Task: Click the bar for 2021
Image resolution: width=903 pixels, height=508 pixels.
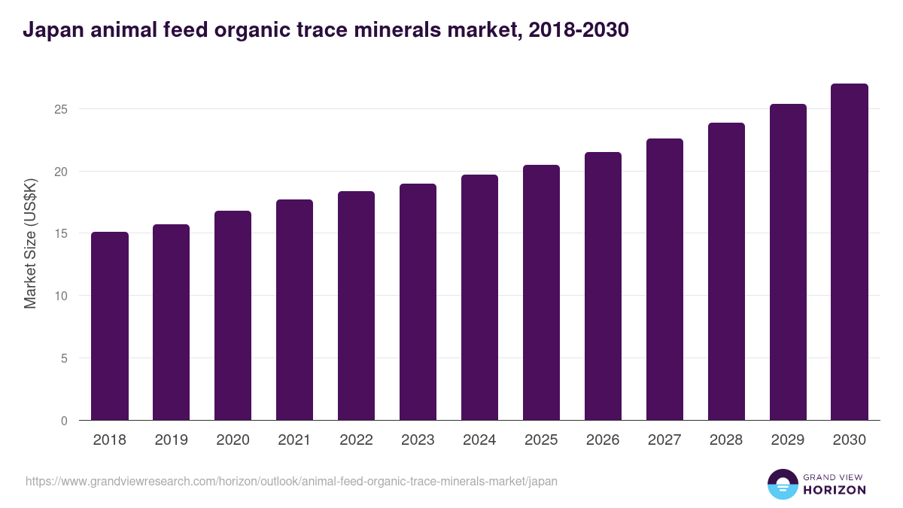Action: [294, 310]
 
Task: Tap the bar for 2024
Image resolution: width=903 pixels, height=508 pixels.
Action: [479, 297]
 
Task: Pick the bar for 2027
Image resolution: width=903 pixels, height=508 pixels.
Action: [664, 279]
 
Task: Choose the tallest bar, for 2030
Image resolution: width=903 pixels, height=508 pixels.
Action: [850, 252]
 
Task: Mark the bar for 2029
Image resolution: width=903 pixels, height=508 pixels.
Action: [788, 262]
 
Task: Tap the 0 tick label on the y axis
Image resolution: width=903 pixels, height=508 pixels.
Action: [65, 421]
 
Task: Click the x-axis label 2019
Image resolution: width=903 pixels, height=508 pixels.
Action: [172, 440]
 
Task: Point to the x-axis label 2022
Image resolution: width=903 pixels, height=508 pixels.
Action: [356, 440]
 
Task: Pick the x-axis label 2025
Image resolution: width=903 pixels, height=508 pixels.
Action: [541, 440]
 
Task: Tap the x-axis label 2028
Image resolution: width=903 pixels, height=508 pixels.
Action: [726, 440]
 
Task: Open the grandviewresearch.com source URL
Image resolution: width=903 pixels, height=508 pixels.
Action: [291, 481]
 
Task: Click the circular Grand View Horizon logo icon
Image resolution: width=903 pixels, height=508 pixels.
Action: [782, 484]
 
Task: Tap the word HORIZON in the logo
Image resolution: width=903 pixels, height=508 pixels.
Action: [835, 490]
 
